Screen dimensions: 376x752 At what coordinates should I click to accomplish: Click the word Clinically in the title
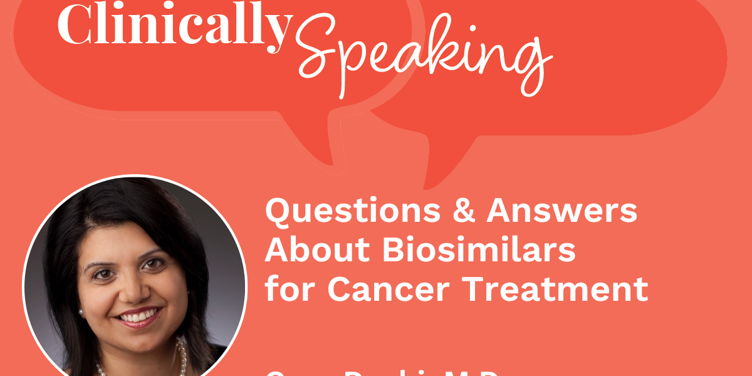click(174, 26)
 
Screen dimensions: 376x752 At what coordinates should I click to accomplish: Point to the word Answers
click(562, 212)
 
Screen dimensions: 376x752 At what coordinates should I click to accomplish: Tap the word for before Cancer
click(290, 289)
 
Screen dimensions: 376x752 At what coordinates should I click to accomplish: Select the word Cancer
click(388, 289)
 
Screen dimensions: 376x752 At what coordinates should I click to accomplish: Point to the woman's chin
click(139, 339)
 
